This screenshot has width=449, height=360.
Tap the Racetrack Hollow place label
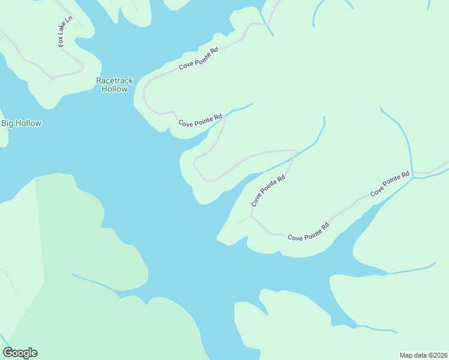(x=115, y=85)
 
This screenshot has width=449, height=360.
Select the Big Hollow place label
(x=22, y=124)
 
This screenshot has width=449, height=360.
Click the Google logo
(x=20, y=353)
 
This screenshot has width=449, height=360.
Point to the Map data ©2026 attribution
(x=424, y=355)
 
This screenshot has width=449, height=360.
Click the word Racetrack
(x=115, y=80)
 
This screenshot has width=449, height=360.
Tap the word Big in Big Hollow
(x=7, y=124)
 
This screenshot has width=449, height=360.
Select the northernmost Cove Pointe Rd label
(x=197, y=59)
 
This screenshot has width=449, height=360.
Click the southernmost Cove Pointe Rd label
(x=308, y=232)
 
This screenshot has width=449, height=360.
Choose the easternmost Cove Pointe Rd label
(x=390, y=184)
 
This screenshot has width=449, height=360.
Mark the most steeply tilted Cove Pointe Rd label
(x=268, y=191)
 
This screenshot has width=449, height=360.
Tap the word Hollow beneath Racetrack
(x=115, y=89)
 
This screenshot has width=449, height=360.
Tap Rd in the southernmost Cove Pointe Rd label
(x=324, y=227)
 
